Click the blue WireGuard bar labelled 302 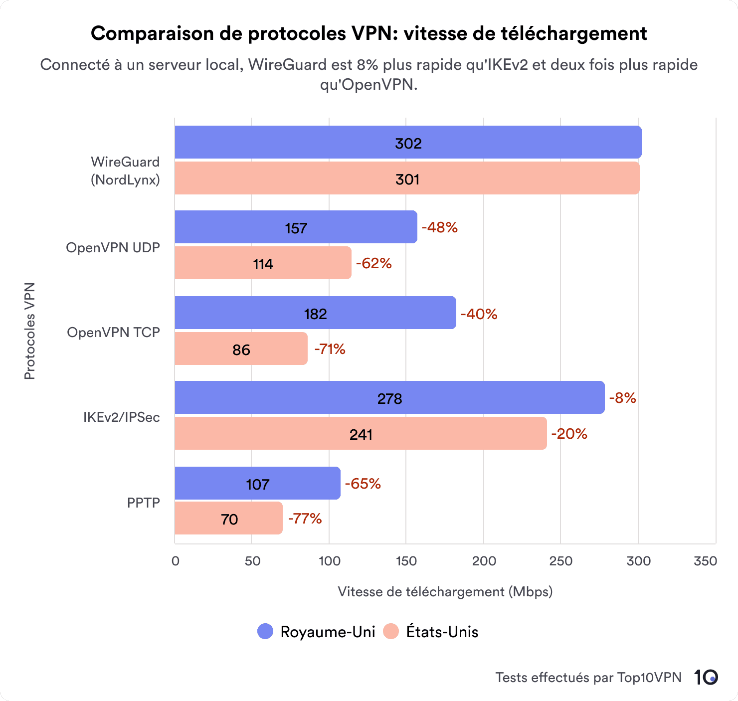click(x=408, y=143)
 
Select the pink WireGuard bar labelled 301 click(x=407, y=178)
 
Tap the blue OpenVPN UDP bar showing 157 click(x=296, y=227)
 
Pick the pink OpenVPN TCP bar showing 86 click(x=241, y=349)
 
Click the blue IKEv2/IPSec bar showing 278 click(x=389, y=398)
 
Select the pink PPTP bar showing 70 click(x=228, y=519)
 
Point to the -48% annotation click(x=439, y=227)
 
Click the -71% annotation click(x=330, y=349)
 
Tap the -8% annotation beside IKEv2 click(x=622, y=398)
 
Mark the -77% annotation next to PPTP click(x=305, y=519)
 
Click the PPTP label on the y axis click(x=143, y=503)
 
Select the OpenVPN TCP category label click(x=113, y=332)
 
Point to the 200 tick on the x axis click(x=484, y=561)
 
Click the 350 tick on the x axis click(x=705, y=561)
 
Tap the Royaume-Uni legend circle click(x=265, y=631)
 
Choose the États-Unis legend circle click(x=391, y=631)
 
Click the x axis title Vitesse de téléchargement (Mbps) click(x=445, y=591)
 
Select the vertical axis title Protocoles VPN click(x=29, y=331)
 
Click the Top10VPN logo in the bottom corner click(x=706, y=677)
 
